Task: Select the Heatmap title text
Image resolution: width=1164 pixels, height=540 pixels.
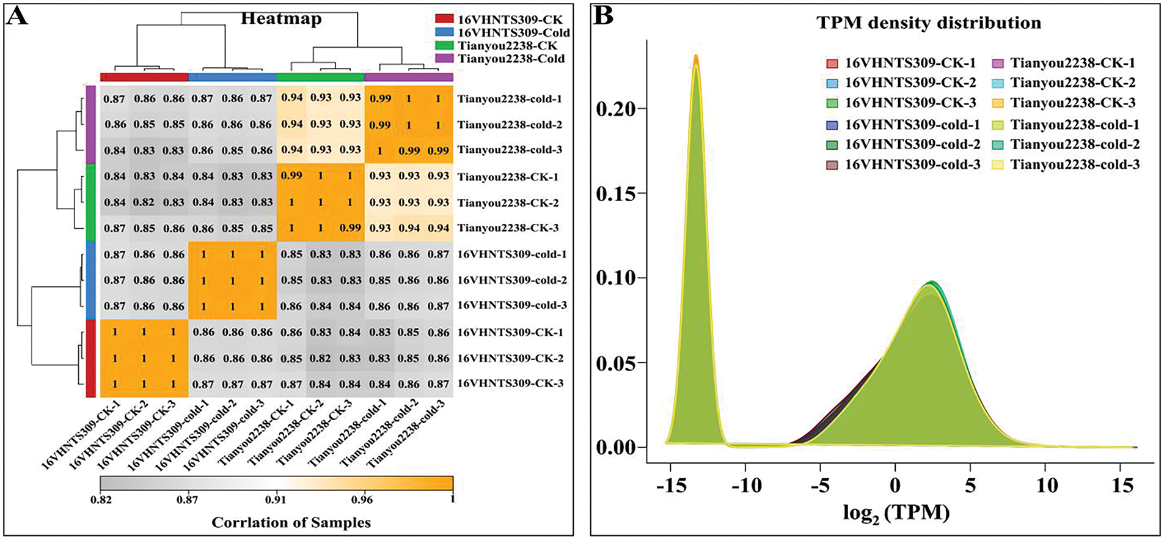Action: pos(281,18)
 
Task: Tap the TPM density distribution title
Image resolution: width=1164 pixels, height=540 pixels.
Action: pos(929,23)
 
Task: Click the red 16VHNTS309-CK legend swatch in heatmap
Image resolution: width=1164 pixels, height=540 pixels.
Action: pos(444,20)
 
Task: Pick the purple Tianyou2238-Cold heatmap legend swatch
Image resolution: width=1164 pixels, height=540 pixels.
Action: pos(444,59)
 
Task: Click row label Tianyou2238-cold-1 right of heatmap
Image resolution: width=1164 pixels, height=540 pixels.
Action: pos(510,98)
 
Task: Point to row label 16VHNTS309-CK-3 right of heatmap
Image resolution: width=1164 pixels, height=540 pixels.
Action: pos(510,383)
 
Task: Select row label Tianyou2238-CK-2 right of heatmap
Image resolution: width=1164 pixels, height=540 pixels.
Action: pos(508,202)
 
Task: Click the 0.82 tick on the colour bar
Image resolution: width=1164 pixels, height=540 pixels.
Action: pos(100,499)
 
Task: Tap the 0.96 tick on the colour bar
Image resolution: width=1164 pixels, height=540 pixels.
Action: pos(362,499)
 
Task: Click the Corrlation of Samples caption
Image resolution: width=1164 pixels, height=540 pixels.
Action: pos(291,523)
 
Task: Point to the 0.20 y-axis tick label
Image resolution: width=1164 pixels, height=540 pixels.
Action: pos(616,109)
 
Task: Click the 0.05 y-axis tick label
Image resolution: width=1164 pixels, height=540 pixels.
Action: pos(616,363)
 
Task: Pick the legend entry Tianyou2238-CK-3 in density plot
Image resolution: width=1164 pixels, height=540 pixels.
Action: pos(1072,103)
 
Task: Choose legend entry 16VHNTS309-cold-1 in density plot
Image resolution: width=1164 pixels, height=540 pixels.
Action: pos(912,125)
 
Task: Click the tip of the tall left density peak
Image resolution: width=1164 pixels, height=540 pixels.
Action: pos(695,56)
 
